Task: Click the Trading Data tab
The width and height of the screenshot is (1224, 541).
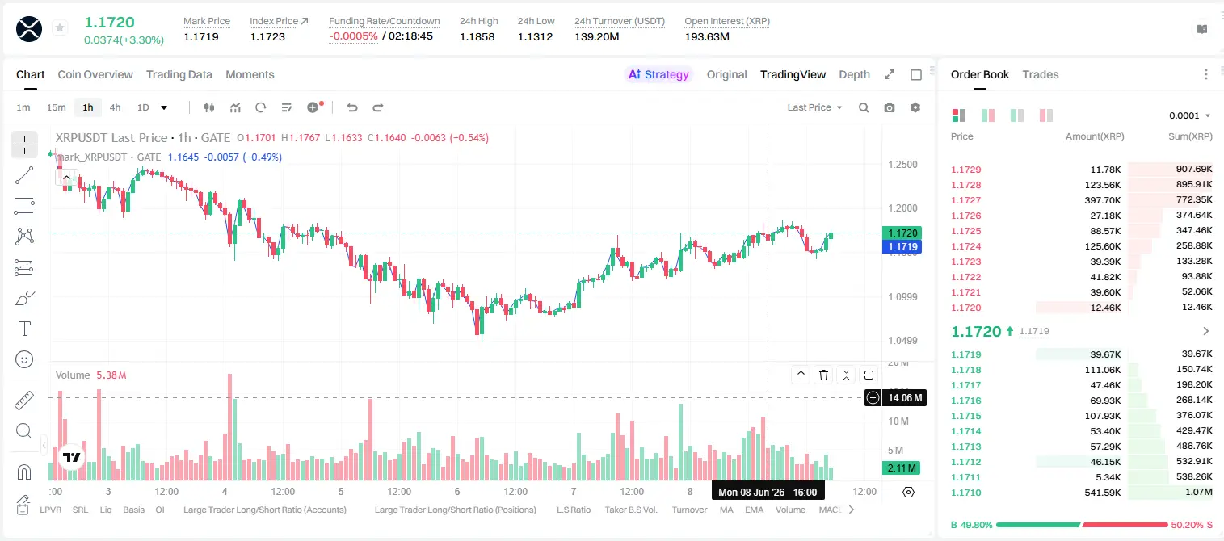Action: (x=179, y=74)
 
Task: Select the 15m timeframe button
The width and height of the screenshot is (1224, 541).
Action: (x=56, y=107)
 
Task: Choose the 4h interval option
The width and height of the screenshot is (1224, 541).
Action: (x=115, y=107)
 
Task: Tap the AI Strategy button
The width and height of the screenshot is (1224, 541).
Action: (x=658, y=74)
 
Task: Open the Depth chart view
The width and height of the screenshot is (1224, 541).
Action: (x=854, y=74)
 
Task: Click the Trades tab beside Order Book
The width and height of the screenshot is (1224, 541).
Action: (x=1041, y=74)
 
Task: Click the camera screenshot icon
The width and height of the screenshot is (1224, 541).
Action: (x=890, y=107)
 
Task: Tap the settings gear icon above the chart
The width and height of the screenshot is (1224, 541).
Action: (x=915, y=107)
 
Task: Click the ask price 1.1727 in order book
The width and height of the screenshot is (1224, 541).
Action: (x=966, y=200)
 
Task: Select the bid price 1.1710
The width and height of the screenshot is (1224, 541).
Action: (x=966, y=493)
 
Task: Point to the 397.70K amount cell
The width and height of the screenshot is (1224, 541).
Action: (x=1103, y=200)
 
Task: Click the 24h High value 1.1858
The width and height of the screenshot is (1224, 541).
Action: (x=477, y=36)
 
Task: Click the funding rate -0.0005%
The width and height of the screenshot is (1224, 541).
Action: (x=353, y=36)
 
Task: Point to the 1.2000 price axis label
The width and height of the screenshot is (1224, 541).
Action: (x=902, y=208)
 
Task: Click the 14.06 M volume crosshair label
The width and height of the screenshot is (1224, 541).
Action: (x=904, y=398)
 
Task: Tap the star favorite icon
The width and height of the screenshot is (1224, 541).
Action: (x=60, y=27)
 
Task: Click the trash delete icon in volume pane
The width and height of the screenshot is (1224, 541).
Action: (x=823, y=375)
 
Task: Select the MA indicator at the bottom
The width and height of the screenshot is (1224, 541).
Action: (x=726, y=510)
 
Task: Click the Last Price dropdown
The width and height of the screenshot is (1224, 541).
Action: (x=814, y=107)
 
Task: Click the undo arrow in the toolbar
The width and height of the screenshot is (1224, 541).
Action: (x=352, y=107)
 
